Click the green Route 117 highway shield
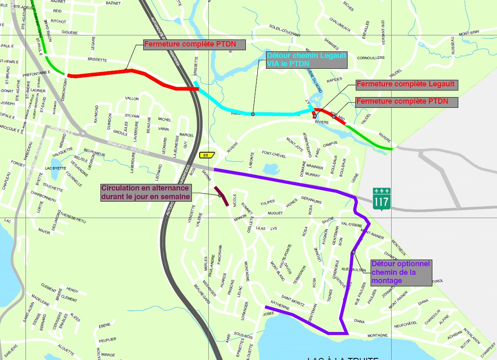(380, 197)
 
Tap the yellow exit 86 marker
(205, 155)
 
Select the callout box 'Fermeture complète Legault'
(406, 84)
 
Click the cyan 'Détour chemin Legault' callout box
(306, 60)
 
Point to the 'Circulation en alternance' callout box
(146, 193)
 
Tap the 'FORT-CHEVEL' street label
(274, 154)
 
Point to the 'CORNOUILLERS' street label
(370, 58)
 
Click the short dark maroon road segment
(222, 196)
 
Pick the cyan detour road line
(251, 112)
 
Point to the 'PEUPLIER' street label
(107, 339)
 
